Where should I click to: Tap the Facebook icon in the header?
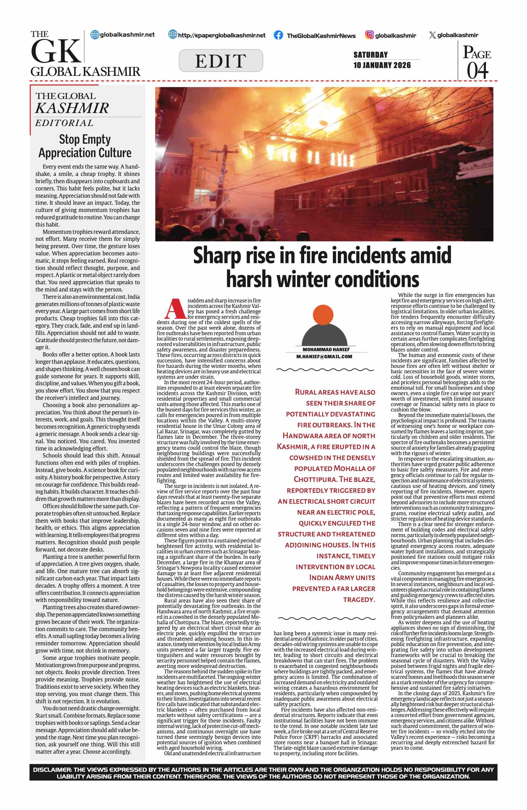pos(278,35)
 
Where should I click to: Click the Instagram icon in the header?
pos(369,35)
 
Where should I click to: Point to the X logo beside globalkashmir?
pos(432,35)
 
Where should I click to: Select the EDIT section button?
pos(221,61)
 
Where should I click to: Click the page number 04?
pos(477,71)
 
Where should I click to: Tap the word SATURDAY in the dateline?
pos(370,55)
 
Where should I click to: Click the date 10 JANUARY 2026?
pos(382,65)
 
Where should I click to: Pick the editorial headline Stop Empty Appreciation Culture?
pos(85,146)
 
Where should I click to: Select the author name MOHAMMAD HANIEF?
pos(326,349)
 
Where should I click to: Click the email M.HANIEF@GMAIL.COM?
pos(324,357)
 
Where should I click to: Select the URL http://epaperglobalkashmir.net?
pos(222,35)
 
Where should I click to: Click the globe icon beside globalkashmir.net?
pos(94,35)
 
